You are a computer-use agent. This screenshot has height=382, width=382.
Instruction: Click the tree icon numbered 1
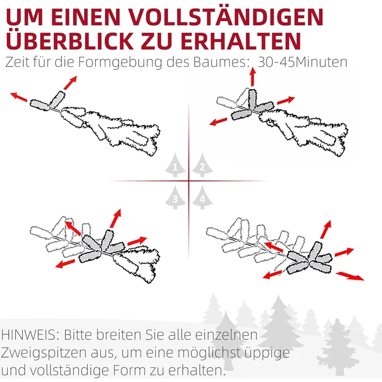175,166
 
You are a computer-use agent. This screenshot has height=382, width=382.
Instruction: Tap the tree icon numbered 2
202,166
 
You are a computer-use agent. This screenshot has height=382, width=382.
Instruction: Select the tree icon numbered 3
175,198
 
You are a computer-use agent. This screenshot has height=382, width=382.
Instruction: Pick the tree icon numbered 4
202,198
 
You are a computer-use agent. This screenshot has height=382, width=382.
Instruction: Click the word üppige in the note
265,353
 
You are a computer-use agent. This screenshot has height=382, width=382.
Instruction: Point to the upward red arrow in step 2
253,76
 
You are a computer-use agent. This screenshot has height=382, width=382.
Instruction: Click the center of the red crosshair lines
189,181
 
